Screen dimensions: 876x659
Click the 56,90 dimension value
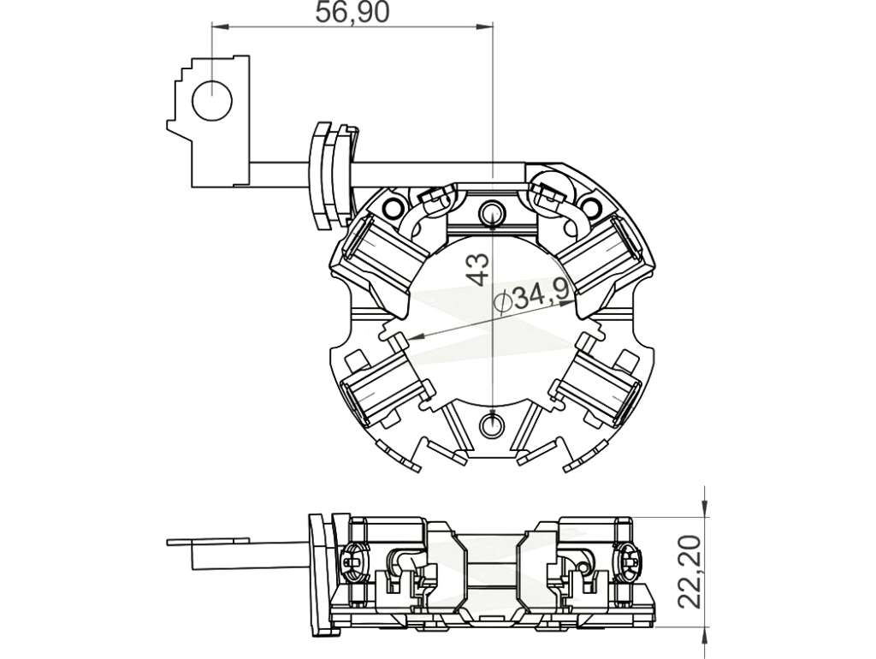(x=352, y=12)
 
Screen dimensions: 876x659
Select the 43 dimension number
(x=478, y=270)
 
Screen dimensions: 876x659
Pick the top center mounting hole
(x=492, y=211)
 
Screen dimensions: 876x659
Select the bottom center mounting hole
(x=492, y=424)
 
